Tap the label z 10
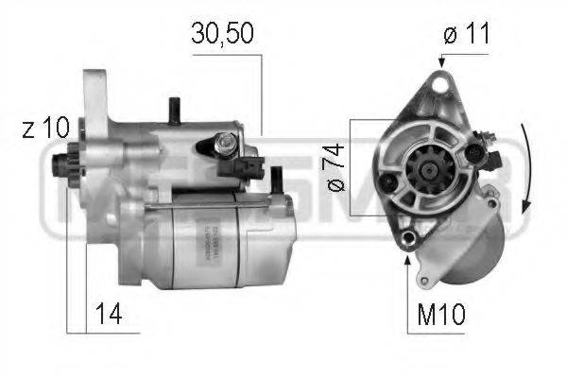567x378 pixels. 39,129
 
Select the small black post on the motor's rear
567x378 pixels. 278,178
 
